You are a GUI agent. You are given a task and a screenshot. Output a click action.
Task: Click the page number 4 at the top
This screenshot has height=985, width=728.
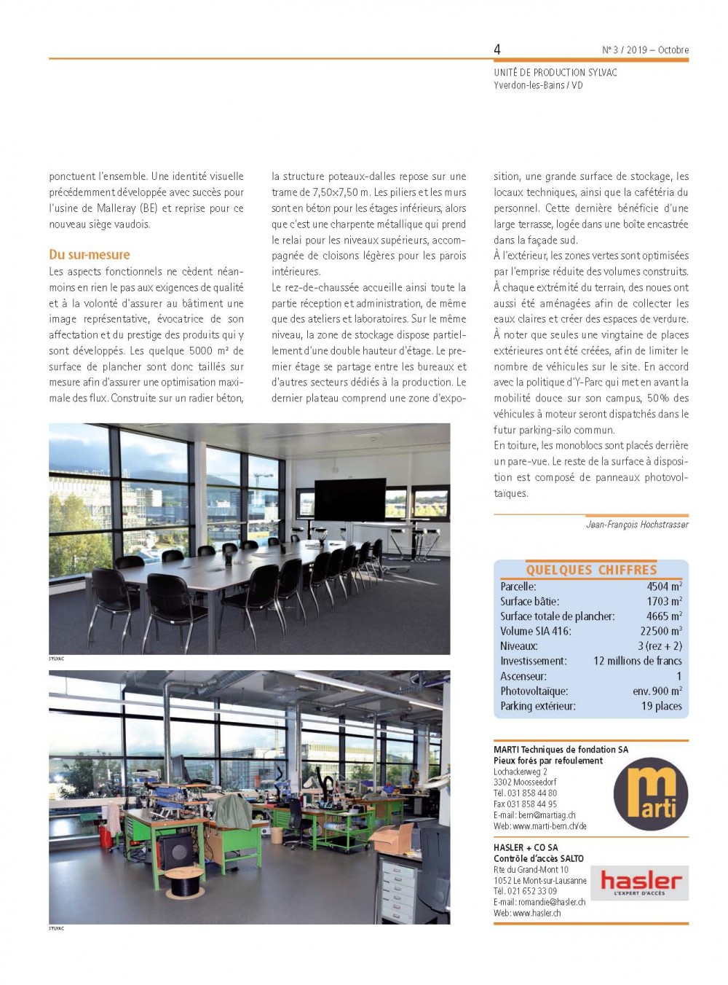tap(497, 50)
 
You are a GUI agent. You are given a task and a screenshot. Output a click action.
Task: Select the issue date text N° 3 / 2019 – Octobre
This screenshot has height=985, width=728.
tap(645, 50)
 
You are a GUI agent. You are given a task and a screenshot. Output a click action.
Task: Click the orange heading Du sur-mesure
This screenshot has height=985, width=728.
tap(90, 254)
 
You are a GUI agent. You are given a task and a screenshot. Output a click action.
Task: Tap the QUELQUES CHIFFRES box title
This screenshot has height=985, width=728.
tap(591, 570)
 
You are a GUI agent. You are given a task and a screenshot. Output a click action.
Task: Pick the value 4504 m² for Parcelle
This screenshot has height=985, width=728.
tap(664, 586)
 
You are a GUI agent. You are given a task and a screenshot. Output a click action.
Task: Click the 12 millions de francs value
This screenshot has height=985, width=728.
tap(638, 661)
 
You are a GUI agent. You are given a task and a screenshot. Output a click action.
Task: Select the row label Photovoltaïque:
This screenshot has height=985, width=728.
tap(534, 691)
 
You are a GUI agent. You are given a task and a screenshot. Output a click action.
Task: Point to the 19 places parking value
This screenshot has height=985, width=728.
tap(662, 706)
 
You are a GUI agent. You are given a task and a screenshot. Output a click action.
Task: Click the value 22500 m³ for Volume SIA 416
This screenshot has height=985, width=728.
tap(661, 631)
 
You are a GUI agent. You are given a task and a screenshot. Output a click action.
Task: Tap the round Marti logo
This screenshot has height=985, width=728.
tap(650, 793)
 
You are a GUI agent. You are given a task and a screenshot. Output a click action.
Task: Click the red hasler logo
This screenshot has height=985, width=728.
tap(641, 882)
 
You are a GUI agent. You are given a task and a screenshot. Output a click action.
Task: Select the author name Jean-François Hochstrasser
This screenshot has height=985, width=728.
tap(637, 525)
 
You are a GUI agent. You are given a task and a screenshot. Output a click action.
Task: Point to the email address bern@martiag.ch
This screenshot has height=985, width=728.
tap(546, 815)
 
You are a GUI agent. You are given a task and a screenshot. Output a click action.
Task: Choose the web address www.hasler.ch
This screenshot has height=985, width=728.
tap(537, 913)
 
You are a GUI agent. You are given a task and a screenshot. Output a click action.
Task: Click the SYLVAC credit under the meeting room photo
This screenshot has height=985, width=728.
tap(57, 659)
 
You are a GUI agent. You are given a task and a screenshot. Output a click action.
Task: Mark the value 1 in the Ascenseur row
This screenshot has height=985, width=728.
tap(678, 676)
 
